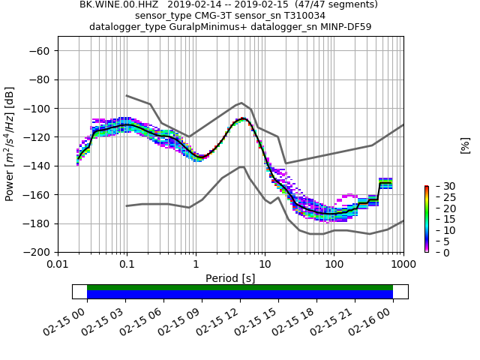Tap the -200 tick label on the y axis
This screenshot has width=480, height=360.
click(39, 253)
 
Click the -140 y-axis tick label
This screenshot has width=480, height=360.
click(39, 166)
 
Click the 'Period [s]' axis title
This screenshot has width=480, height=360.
click(230, 278)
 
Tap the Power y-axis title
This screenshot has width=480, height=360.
click(10, 144)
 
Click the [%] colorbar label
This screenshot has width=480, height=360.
click(465, 145)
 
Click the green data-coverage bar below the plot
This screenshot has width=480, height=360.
click(240, 287)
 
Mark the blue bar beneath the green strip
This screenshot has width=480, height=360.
click(240, 295)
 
